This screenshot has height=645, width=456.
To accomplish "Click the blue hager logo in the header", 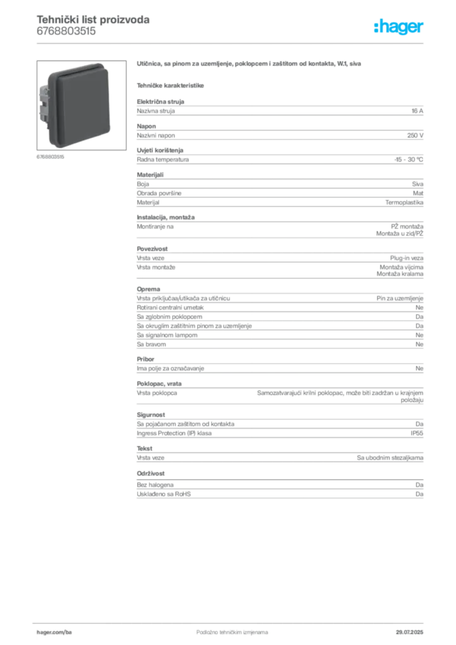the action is (x=400, y=28).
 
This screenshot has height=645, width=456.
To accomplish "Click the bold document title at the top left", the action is (x=93, y=20).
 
